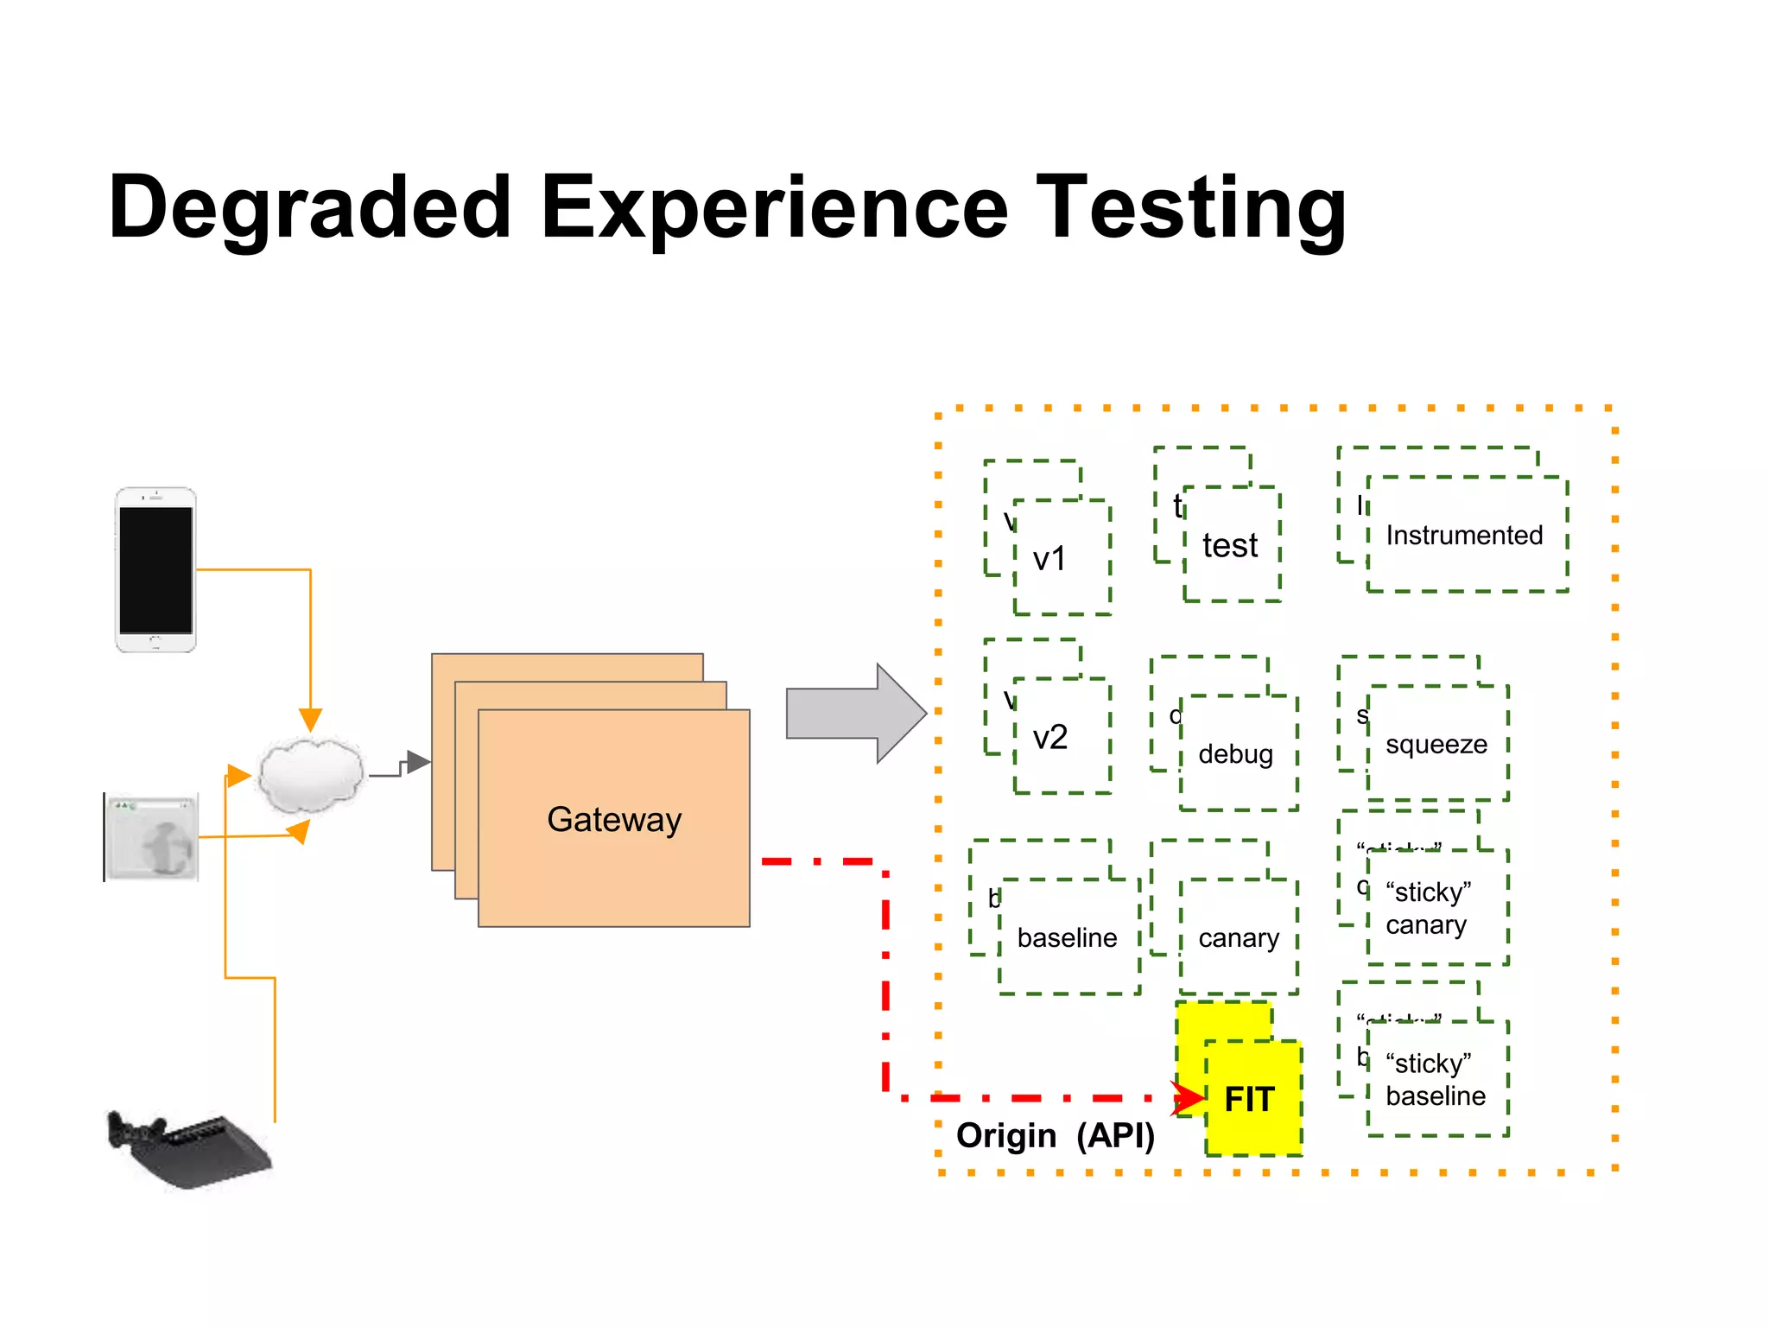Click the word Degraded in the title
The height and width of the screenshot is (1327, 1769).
tap(309, 207)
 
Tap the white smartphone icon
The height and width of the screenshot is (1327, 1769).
tap(155, 569)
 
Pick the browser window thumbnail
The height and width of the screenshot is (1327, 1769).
tap(152, 836)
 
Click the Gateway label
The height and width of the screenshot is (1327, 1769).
tap(614, 819)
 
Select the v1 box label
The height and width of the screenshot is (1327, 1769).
tap(1049, 559)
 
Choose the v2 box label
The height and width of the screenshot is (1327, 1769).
tap(1050, 737)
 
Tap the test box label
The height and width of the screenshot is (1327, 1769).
tap(1230, 546)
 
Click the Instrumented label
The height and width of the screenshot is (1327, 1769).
tap(1464, 536)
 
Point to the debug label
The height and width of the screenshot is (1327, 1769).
tap(1235, 754)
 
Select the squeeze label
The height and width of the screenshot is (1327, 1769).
tap(1436, 744)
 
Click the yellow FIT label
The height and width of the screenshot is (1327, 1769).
tap(1249, 1099)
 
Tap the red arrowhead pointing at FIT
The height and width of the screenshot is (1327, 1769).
tap(1189, 1098)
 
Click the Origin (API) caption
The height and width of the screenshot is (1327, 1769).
tap(1055, 1135)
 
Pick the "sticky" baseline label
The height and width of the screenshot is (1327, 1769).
tap(1435, 1080)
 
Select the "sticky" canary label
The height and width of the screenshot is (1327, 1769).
tap(1428, 908)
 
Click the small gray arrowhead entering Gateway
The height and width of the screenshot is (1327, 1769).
tap(418, 762)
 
